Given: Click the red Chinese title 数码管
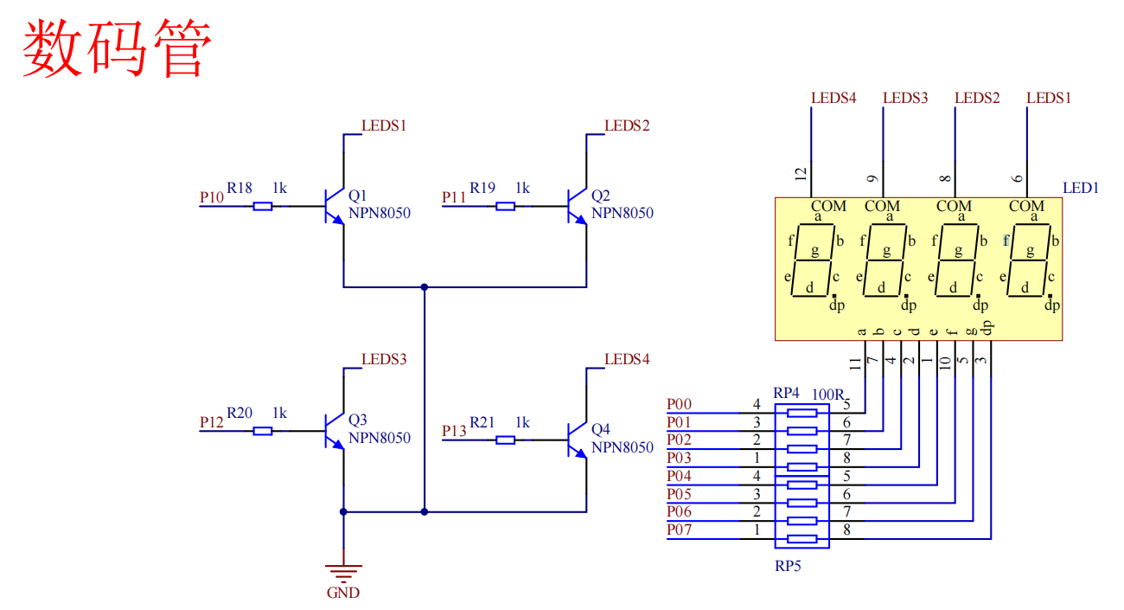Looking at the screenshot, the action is (x=117, y=48).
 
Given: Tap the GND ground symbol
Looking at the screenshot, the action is (x=343, y=572).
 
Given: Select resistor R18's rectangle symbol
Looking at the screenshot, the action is (x=263, y=206).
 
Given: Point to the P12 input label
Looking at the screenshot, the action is (x=211, y=422).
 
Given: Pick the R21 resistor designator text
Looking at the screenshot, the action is (x=482, y=422).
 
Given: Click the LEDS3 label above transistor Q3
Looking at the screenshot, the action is (x=384, y=359).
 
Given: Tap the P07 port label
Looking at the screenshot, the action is (x=679, y=530).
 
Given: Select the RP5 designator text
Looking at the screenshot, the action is (x=788, y=566).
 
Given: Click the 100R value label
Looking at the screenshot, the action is (x=828, y=395).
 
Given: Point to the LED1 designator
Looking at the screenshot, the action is (x=1081, y=188).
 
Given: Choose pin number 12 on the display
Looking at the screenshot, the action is (x=801, y=174).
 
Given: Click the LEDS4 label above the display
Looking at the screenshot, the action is (x=833, y=98).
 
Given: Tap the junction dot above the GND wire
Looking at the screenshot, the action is (x=343, y=512).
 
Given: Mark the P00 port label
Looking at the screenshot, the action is (x=679, y=404).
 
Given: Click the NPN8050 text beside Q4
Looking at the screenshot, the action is (x=623, y=447).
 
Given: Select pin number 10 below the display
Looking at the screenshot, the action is (x=945, y=363).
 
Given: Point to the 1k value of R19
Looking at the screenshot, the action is (x=522, y=188).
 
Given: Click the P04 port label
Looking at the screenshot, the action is (x=679, y=475).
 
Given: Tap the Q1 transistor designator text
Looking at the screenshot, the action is (x=358, y=195).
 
